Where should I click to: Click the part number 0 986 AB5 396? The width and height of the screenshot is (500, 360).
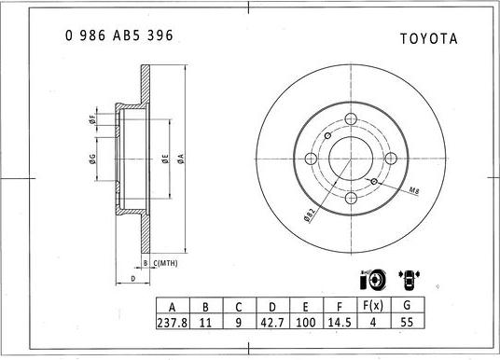click(118, 35)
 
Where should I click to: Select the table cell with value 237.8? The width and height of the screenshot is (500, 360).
click(171, 322)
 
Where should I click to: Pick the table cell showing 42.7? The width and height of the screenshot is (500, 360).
click(273, 322)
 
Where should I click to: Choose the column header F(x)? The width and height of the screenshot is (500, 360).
click(374, 306)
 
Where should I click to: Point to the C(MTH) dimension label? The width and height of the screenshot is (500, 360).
click(165, 264)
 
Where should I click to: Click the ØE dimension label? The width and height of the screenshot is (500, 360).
click(164, 159)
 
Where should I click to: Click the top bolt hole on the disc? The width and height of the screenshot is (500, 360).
click(353, 118)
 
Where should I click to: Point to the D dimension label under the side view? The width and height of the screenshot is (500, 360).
click(133, 278)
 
